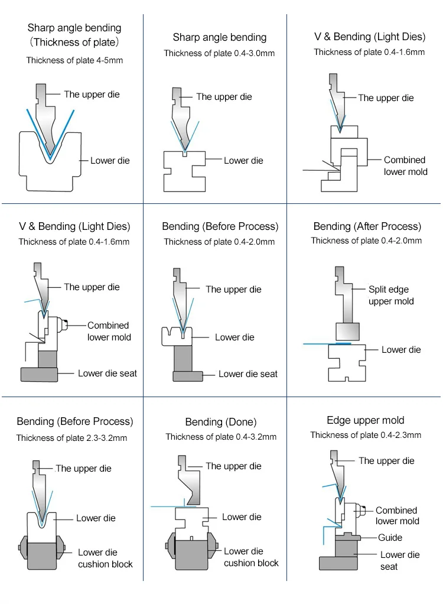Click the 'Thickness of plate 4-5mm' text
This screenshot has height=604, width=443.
74,60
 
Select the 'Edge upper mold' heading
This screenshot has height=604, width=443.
366,420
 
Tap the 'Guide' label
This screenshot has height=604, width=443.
390,537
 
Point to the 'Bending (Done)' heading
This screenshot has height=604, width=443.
221,422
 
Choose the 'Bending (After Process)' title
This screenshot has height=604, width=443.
367,226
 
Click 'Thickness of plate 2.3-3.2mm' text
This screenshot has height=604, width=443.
71,438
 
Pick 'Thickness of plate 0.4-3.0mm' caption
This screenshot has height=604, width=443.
219,53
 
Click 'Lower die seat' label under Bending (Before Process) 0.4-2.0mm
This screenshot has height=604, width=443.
247,374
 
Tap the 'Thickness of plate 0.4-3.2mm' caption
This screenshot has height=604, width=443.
221,437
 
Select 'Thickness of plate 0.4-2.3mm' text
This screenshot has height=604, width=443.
366,435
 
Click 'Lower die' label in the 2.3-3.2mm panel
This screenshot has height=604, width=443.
96,518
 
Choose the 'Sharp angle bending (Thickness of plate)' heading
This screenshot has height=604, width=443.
74,35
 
